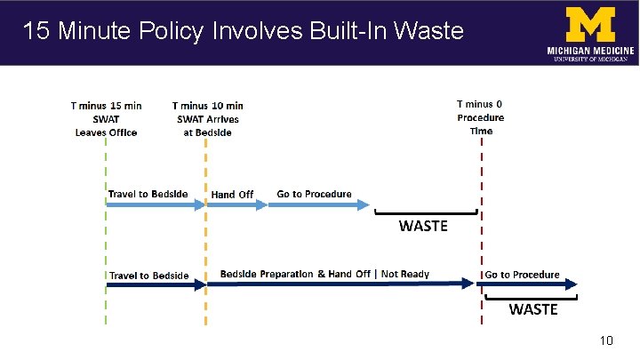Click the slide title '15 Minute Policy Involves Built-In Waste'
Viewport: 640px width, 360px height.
243,31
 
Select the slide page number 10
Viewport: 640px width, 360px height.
607,341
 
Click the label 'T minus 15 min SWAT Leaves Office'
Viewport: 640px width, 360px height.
105,118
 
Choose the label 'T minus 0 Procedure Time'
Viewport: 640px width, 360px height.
481,116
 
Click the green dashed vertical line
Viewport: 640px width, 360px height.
106,240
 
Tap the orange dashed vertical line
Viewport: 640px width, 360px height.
205,240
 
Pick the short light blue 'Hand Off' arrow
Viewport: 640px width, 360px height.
236,204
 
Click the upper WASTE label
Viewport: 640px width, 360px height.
423,226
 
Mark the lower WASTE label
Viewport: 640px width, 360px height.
533,309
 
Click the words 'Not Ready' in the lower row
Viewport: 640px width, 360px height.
405,274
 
